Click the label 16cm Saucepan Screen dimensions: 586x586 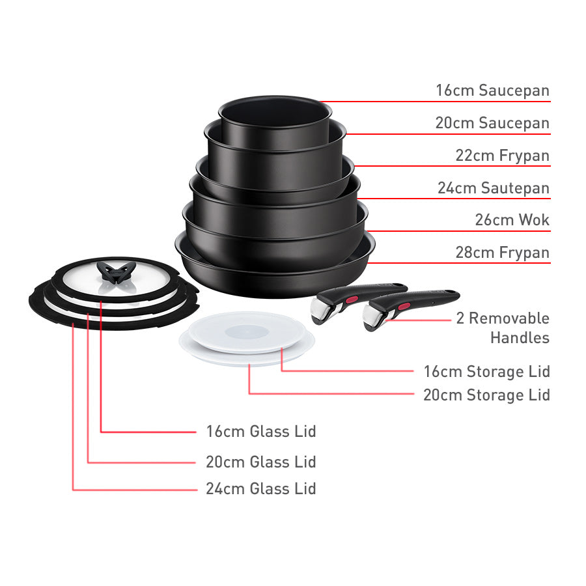(492, 91)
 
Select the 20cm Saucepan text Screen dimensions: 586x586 (492, 123)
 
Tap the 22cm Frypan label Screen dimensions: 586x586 (501, 156)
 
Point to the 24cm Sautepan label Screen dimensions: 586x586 (493, 188)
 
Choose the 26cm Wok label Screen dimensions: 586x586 (512, 220)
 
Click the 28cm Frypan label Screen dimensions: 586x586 (502, 253)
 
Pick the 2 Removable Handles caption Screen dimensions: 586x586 (509, 328)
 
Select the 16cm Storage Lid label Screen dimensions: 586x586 (486, 372)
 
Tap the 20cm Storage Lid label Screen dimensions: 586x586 (486, 395)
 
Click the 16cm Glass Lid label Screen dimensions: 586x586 (260, 431)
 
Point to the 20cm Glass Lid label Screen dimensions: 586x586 (260, 462)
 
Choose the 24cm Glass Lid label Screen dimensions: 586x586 (260, 489)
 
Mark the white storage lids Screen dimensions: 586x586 (247, 335)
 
